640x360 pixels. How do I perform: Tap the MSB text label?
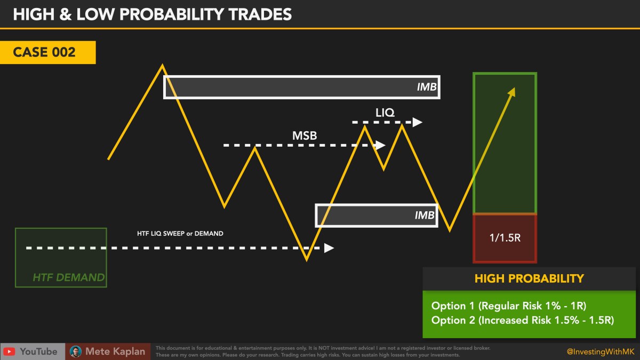pos(305,135)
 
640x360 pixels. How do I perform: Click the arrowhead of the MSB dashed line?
pos(380,145)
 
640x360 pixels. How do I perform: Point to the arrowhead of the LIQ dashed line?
pos(417,122)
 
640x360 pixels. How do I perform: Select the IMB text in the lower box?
pos(425,215)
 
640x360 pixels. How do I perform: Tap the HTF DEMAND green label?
pos(68,277)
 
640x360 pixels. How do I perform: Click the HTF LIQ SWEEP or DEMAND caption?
pos(180,233)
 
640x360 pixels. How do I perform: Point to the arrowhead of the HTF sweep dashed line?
pos(329,248)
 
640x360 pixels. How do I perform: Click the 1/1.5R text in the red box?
pos(505,238)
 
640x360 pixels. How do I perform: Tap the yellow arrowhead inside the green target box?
pos(512,92)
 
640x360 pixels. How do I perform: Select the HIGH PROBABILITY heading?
pos(529,278)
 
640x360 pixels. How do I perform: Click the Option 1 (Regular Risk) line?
pos(508,306)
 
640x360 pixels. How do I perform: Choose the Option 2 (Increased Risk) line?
pos(523,320)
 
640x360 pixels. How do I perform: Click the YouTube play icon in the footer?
pos(9,351)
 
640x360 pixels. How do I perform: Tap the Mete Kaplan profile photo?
pos(76,351)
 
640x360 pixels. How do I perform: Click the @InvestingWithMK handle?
pos(599,351)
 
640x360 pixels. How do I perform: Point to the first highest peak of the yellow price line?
pos(162,66)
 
